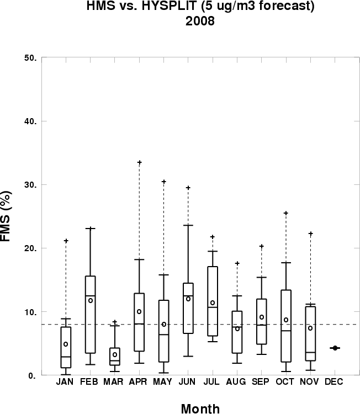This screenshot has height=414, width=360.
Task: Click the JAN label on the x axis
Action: [66, 382]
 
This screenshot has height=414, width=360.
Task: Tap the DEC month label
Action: [335, 382]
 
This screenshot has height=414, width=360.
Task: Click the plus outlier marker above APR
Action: [139, 163]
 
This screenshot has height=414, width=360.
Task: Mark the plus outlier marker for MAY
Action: [164, 182]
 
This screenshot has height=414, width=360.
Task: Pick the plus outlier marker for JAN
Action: [66, 241]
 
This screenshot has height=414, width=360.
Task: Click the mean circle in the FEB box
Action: [91, 300]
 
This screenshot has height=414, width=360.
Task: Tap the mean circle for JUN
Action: [188, 299]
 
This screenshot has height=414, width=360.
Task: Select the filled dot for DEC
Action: [335, 348]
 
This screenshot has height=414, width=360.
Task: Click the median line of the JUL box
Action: [213, 307]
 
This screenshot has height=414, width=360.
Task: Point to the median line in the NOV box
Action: [310, 352]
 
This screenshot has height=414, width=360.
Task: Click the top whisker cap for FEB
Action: [91, 228]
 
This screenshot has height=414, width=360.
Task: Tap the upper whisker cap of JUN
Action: [188, 225]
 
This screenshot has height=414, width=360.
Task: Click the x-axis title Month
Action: [200, 408]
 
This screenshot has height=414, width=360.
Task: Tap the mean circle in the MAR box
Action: [115, 354]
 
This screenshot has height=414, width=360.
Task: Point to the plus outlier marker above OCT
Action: [285, 213]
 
